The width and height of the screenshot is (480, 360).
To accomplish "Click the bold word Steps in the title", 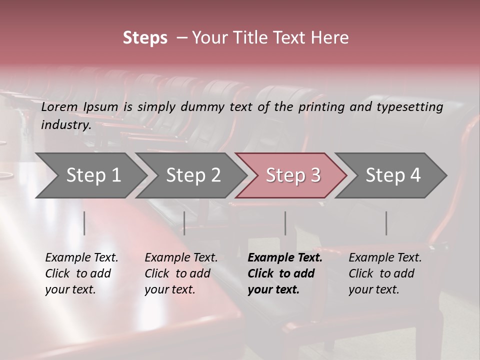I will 145,38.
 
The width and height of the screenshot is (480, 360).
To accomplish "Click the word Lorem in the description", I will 60,106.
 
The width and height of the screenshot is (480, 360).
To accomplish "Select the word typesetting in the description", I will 409,106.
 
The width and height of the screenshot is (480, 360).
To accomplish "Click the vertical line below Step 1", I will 84,223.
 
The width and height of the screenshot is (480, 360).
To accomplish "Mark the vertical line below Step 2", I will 184,223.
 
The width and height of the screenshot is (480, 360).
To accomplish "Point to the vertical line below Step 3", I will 285,223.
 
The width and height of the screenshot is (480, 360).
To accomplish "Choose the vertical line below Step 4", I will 386,223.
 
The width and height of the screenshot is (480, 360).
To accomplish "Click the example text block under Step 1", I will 81,273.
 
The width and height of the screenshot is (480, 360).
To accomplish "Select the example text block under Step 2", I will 181,273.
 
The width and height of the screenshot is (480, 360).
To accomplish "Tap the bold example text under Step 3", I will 285,273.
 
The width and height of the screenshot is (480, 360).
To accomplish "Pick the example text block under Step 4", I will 385,273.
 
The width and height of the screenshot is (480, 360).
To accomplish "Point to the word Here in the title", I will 330,38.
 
